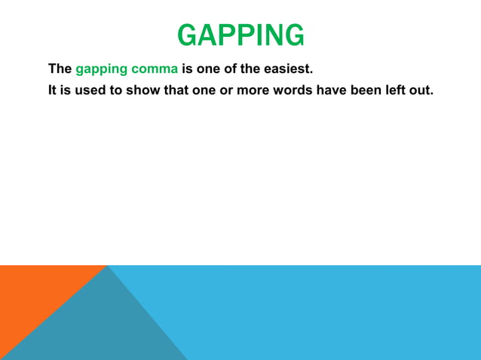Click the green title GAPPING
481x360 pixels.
click(240, 35)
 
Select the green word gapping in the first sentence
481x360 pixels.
click(100, 70)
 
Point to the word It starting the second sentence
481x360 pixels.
click(53, 90)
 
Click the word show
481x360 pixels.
click(147, 90)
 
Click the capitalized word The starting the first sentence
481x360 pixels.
click(60, 70)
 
